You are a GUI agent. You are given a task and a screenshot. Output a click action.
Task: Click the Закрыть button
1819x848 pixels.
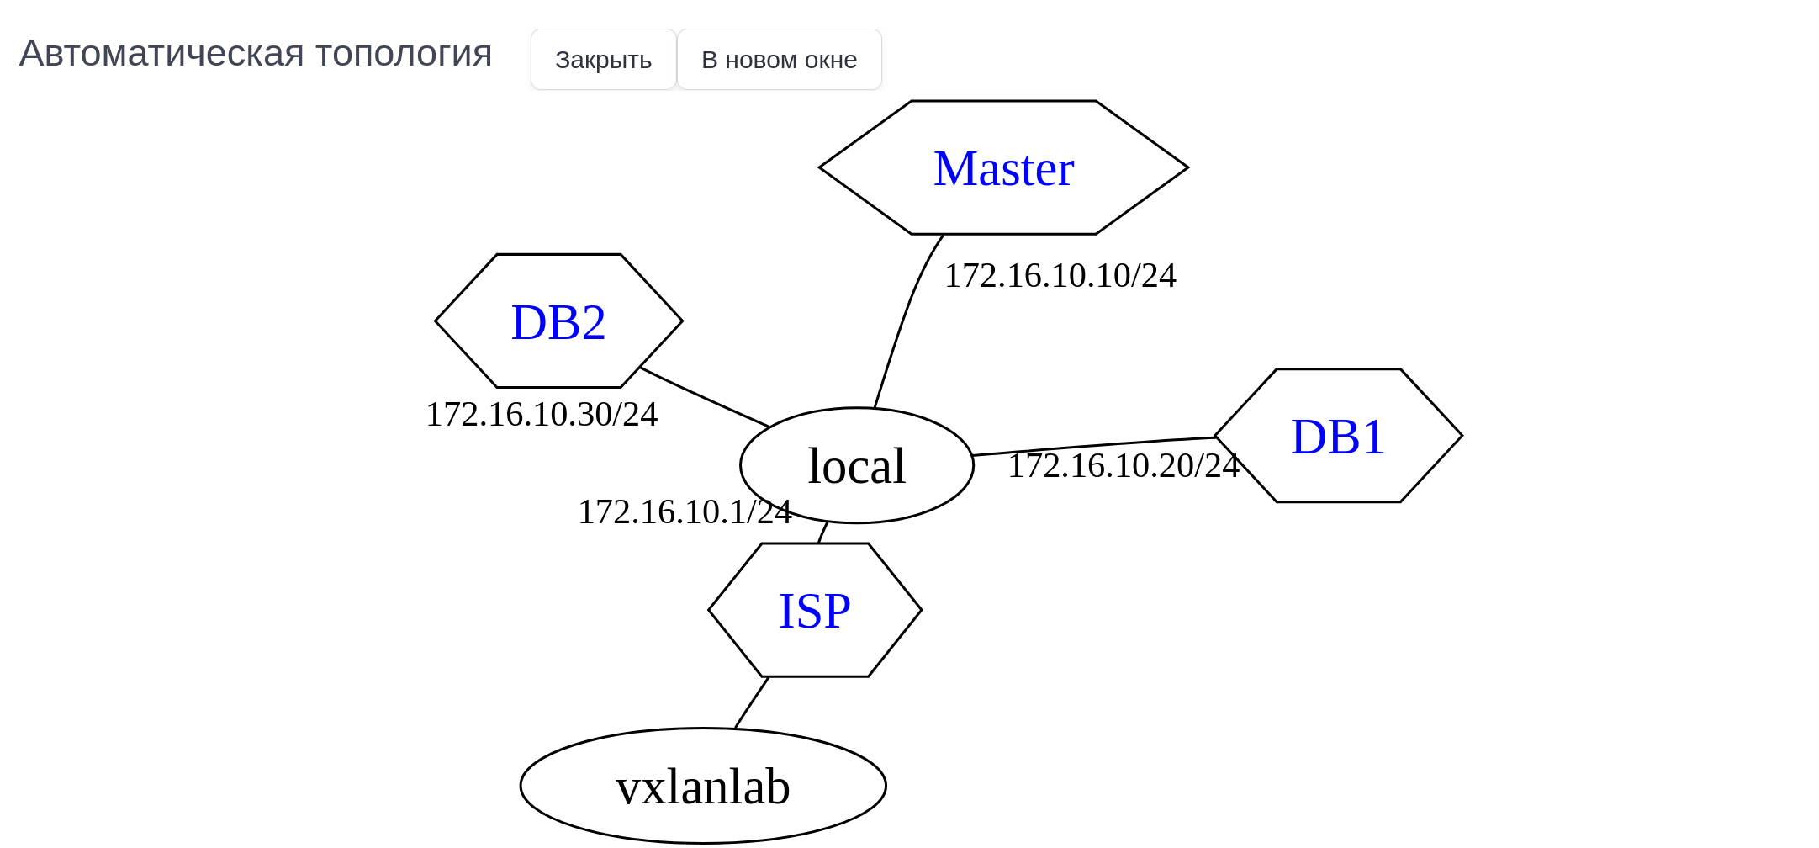click(x=603, y=60)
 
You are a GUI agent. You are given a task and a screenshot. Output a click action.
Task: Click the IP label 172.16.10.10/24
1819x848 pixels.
click(x=1060, y=276)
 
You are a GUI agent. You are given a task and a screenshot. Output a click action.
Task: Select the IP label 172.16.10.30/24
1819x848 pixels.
click(x=542, y=415)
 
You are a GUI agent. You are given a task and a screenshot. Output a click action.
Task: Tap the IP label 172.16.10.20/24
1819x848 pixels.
click(x=1123, y=466)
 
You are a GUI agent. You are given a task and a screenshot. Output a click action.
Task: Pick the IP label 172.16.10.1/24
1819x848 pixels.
click(x=684, y=512)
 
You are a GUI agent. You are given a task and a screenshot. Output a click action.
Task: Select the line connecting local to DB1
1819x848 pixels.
click(x=1093, y=445)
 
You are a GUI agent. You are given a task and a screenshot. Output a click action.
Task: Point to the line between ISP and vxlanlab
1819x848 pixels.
click(x=751, y=702)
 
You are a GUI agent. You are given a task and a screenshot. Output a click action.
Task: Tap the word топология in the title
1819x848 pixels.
click(x=403, y=54)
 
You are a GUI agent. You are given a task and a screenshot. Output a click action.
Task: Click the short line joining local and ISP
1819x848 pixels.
click(x=822, y=533)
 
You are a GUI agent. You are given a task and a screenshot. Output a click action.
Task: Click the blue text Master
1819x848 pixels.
click(x=1003, y=168)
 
